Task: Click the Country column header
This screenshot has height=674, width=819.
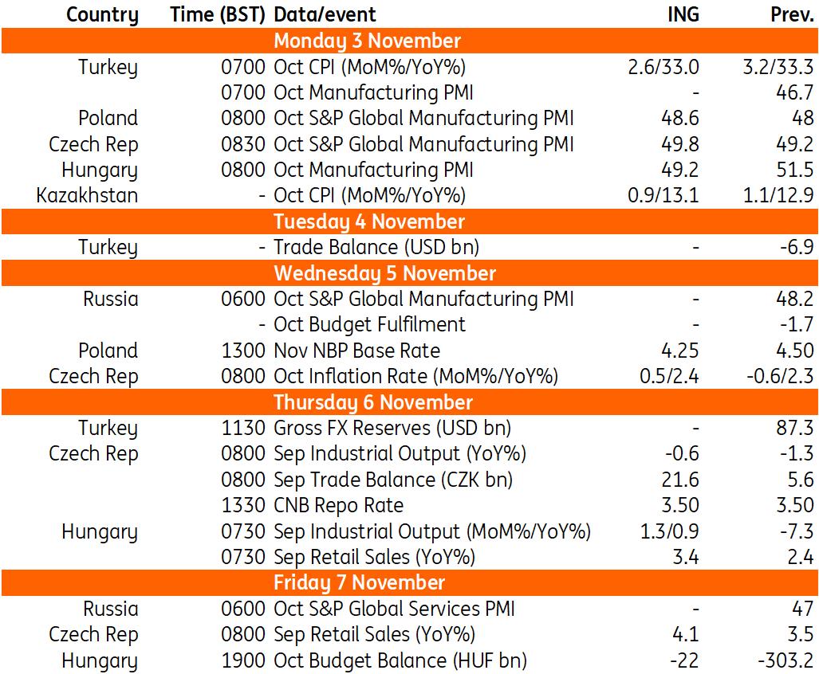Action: point(102,14)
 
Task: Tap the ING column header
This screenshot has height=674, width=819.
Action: point(683,14)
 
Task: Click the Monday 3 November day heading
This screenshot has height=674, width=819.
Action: point(367,41)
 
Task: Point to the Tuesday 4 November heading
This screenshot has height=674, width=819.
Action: point(368,221)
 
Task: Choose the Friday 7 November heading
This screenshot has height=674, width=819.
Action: point(359,582)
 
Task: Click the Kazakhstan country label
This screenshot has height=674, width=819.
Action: point(87,195)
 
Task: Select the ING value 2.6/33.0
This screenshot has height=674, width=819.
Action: point(663,67)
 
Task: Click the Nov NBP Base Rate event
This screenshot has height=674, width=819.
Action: point(356,351)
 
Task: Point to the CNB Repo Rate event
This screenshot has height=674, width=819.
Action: point(338,505)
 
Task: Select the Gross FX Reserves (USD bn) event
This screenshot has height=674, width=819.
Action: point(392,428)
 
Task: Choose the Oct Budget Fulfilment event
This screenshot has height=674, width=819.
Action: point(369,324)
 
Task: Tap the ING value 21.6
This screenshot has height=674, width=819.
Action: point(680,480)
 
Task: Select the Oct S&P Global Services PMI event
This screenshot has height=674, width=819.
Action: point(394,609)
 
